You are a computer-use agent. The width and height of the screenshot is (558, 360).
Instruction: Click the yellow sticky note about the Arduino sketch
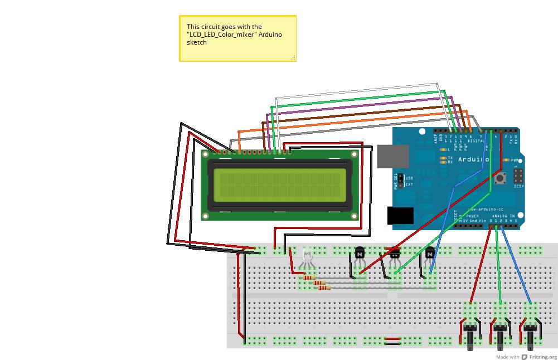tap(237, 38)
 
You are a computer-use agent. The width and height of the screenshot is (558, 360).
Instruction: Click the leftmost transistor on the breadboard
tap(360, 254)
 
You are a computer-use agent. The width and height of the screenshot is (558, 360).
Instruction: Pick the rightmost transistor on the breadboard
tap(429, 254)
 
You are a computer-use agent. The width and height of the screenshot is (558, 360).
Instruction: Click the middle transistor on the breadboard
tap(395, 254)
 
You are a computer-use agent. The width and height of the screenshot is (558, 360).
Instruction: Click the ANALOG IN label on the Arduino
tap(503, 216)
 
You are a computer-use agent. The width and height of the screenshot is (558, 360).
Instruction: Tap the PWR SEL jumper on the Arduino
tap(400, 181)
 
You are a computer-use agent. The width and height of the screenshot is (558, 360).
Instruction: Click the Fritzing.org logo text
tap(544, 357)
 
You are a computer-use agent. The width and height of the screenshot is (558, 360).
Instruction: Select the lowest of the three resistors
tap(322, 288)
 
